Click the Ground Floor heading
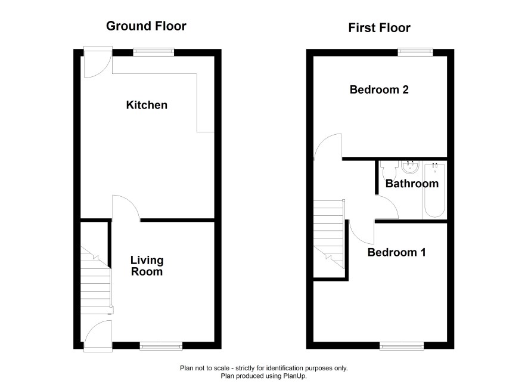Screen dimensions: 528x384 (x=146, y=26)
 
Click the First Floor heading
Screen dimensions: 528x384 (x=379, y=28)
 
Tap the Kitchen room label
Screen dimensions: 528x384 (x=147, y=105)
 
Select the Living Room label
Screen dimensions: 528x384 (x=147, y=266)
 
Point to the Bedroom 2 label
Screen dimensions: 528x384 (x=379, y=89)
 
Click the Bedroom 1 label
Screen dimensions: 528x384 (x=397, y=252)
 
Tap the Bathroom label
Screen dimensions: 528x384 (x=412, y=184)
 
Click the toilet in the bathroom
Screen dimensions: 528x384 (x=390, y=171)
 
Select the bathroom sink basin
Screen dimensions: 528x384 (x=410, y=168)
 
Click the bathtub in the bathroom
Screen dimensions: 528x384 (x=434, y=190)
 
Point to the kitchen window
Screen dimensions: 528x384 (x=154, y=52)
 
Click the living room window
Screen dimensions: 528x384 (x=161, y=346)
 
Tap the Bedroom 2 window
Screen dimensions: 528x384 (x=415, y=52)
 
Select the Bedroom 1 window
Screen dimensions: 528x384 (x=402, y=346)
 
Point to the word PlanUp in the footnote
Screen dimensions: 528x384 (x=296, y=376)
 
